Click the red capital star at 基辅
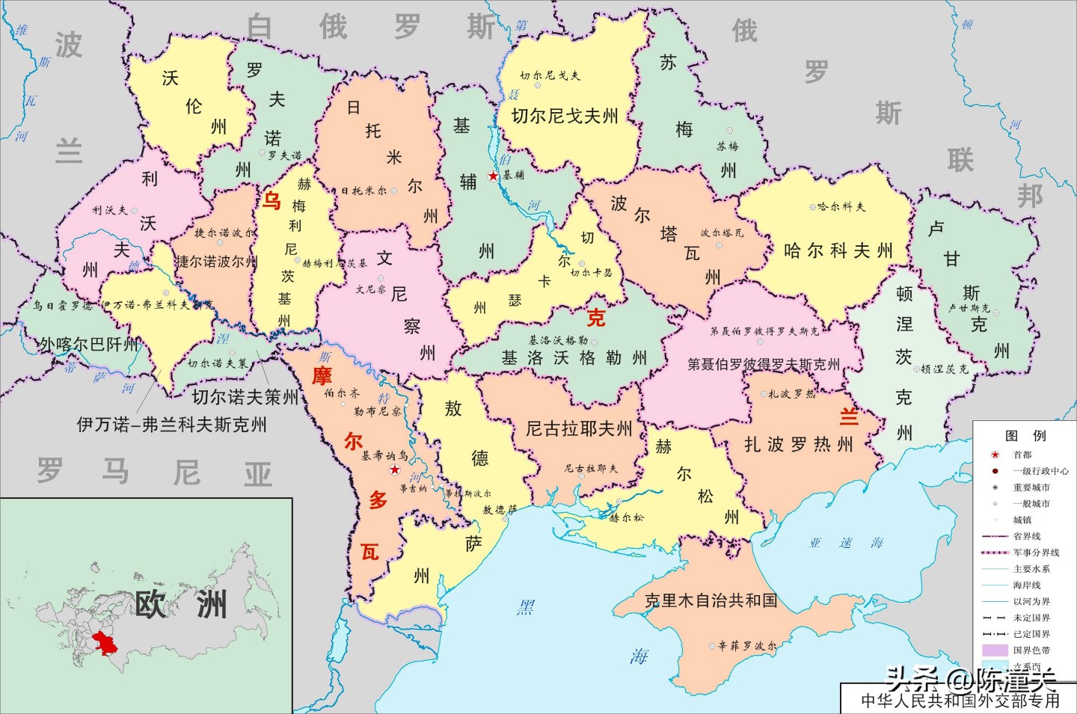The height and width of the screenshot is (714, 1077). (x=493, y=176)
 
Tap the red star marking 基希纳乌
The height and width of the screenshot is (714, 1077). (x=395, y=470)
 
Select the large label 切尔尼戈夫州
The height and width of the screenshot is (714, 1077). (x=565, y=116)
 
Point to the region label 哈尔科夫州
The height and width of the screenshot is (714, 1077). (x=838, y=250)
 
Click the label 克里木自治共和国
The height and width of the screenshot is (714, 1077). (x=711, y=600)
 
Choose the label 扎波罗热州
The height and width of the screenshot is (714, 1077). (x=799, y=445)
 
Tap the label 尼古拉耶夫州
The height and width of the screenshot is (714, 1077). (x=579, y=428)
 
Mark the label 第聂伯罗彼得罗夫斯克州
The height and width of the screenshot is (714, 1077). (x=764, y=364)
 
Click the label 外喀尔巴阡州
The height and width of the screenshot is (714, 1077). (x=90, y=345)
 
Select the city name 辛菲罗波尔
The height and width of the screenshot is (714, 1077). (x=747, y=645)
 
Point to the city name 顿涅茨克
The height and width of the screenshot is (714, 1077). (x=945, y=369)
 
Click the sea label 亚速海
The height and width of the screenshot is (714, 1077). (x=845, y=544)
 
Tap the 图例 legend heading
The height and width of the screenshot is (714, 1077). (x=1025, y=436)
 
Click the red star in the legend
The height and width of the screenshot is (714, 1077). (x=995, y=455)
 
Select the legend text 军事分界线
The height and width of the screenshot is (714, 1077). (x=1036, y=553)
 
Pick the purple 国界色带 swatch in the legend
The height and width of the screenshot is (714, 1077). (x=995, y=650)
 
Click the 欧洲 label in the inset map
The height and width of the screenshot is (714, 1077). (x=179, y=603)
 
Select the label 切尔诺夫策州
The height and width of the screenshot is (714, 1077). (x=245, y=396)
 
